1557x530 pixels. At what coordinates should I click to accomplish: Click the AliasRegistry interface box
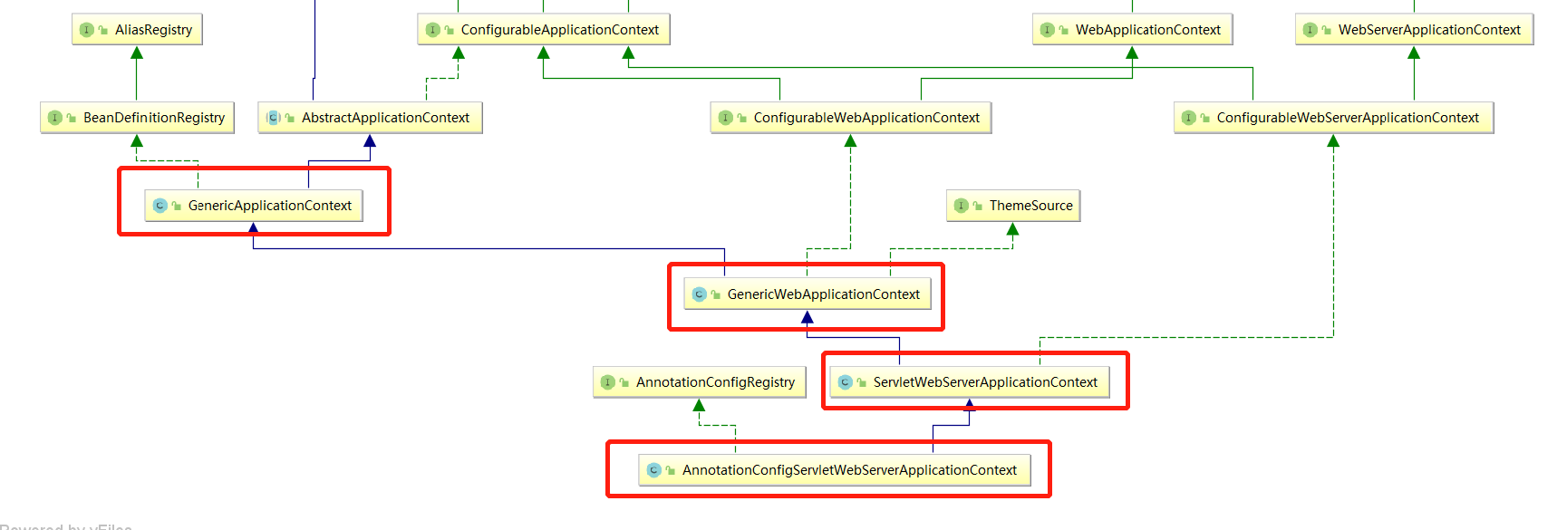pos(137,30)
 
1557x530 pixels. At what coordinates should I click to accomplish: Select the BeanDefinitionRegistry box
pos(138,118)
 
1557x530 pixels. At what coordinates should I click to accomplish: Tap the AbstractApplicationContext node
pos(370,118)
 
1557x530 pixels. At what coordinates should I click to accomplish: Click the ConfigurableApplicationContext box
pos(544,30)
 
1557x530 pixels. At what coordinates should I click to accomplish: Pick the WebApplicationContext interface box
pos(1132,30)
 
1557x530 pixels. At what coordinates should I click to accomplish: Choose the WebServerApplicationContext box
pos(1414,30)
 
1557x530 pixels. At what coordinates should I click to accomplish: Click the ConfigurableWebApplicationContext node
pos(850,118)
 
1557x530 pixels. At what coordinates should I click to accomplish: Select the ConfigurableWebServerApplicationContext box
pos(1333,118)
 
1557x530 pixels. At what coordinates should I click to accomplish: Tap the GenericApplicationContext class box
pos(254,206)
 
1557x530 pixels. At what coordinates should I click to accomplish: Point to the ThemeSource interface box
pos(1013,206)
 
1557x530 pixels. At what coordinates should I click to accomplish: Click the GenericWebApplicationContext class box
pos(807,294)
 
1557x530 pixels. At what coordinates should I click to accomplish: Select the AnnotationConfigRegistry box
pos(699,382)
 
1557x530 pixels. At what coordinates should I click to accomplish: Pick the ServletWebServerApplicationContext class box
pos(970,382)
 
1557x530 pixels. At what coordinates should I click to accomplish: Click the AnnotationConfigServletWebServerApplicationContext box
pos(834,470)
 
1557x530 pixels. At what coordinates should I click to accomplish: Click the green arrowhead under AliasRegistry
pos(137,53)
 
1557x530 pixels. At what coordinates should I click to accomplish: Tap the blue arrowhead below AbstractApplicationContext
pos(370,140)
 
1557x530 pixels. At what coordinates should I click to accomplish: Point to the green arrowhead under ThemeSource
pos(1013,229)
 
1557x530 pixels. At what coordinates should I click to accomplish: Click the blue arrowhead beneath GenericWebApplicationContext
pos(807,317)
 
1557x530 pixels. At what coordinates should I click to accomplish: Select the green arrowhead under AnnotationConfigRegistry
pos(699,405)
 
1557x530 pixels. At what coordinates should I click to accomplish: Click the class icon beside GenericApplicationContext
pos(160,206)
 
